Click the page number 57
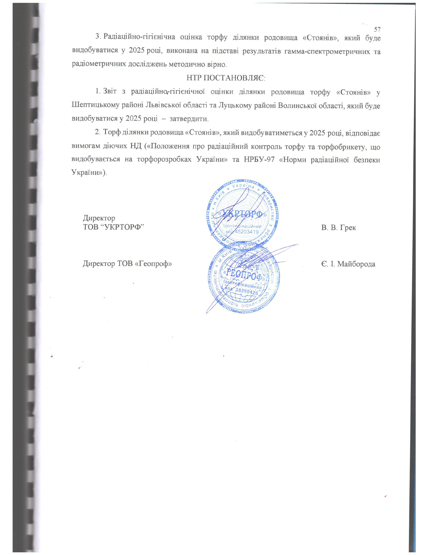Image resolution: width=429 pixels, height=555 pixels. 377,29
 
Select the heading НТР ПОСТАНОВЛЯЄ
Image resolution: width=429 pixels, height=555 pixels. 226,78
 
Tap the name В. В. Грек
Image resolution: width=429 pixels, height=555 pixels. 338,227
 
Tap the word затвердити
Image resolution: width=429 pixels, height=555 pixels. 189,119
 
